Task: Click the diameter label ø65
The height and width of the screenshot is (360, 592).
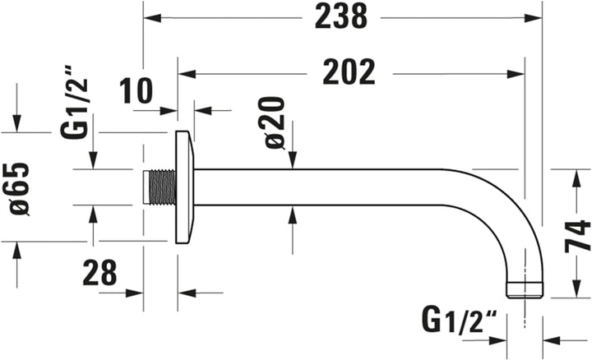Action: point(19,188)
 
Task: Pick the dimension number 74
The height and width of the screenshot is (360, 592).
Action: point(577,235)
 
